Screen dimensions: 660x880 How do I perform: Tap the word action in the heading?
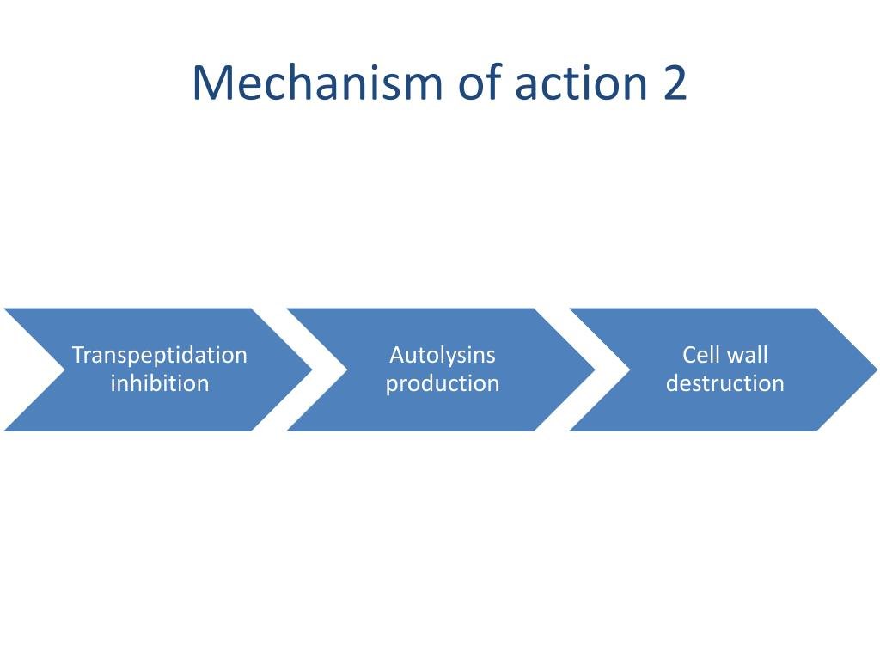pyautogui.click(x=581, y=83)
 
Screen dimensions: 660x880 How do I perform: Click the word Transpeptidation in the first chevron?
pyautogui.click(x=159, y=355)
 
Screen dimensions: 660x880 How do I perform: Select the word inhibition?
pyautogui.click(x=159, y=383)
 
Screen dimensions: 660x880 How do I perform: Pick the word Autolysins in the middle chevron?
pyautogui.click(x=443, y=355)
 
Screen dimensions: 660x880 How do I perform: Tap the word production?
pyautogui.click(x=443, y=383)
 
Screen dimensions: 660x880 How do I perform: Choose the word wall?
pyautogui.click(x=747, y=355)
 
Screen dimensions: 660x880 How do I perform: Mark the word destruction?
pyautogui.click(x=725, y=383)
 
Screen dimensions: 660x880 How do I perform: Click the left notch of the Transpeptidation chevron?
pyautogui.click(x=64, y=370)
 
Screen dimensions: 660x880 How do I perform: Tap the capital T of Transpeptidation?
pyautogui.click(x=77, y=355)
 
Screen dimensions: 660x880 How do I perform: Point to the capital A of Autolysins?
pyautogui.click(x=396, y=355)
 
